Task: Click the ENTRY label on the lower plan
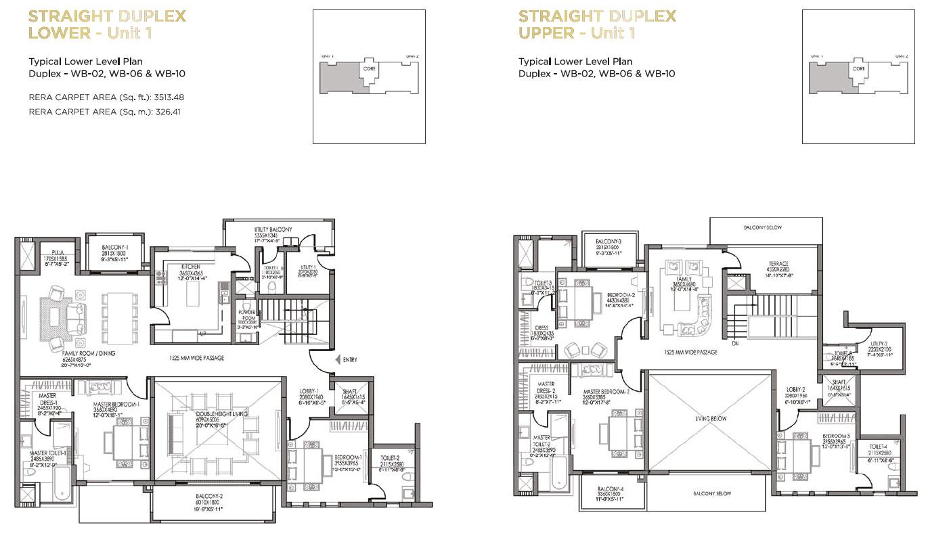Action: (x=351, y=359)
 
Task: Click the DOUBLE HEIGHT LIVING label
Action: (x=214, y=414)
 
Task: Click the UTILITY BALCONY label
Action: (x=273, y=230)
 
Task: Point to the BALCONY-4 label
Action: (x=611, y=489)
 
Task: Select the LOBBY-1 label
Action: (x=312, y=390)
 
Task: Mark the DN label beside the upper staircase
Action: (x=735, y=344)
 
